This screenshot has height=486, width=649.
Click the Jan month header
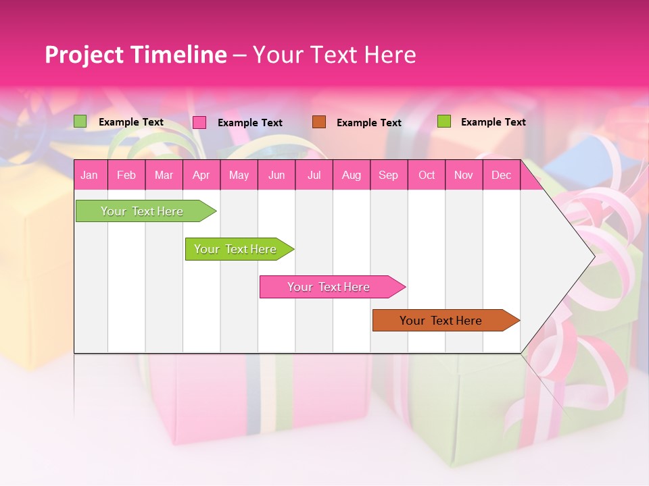click(89, 175)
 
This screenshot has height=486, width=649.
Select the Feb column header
click(126, 175)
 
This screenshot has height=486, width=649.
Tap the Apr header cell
click(201, 175)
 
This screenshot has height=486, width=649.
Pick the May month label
click(239, 175)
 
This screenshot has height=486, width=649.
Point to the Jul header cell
click(314, 175)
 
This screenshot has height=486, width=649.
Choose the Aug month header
click(351, 175)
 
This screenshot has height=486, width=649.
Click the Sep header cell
click(389, 175)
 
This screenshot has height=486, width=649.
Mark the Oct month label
click(427, 175)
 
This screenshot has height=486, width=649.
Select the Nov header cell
click(464, 175)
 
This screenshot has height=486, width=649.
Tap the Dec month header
click(501, 175)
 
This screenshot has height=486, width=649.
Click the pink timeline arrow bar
click(329, 287)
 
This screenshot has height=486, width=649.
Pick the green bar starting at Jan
click(143, 211)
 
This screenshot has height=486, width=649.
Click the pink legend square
click(199, 122)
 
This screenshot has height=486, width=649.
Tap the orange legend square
click(319, 122)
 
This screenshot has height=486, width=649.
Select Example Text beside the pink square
click(250, 123)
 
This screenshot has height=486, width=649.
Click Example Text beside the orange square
click(369, 123)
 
